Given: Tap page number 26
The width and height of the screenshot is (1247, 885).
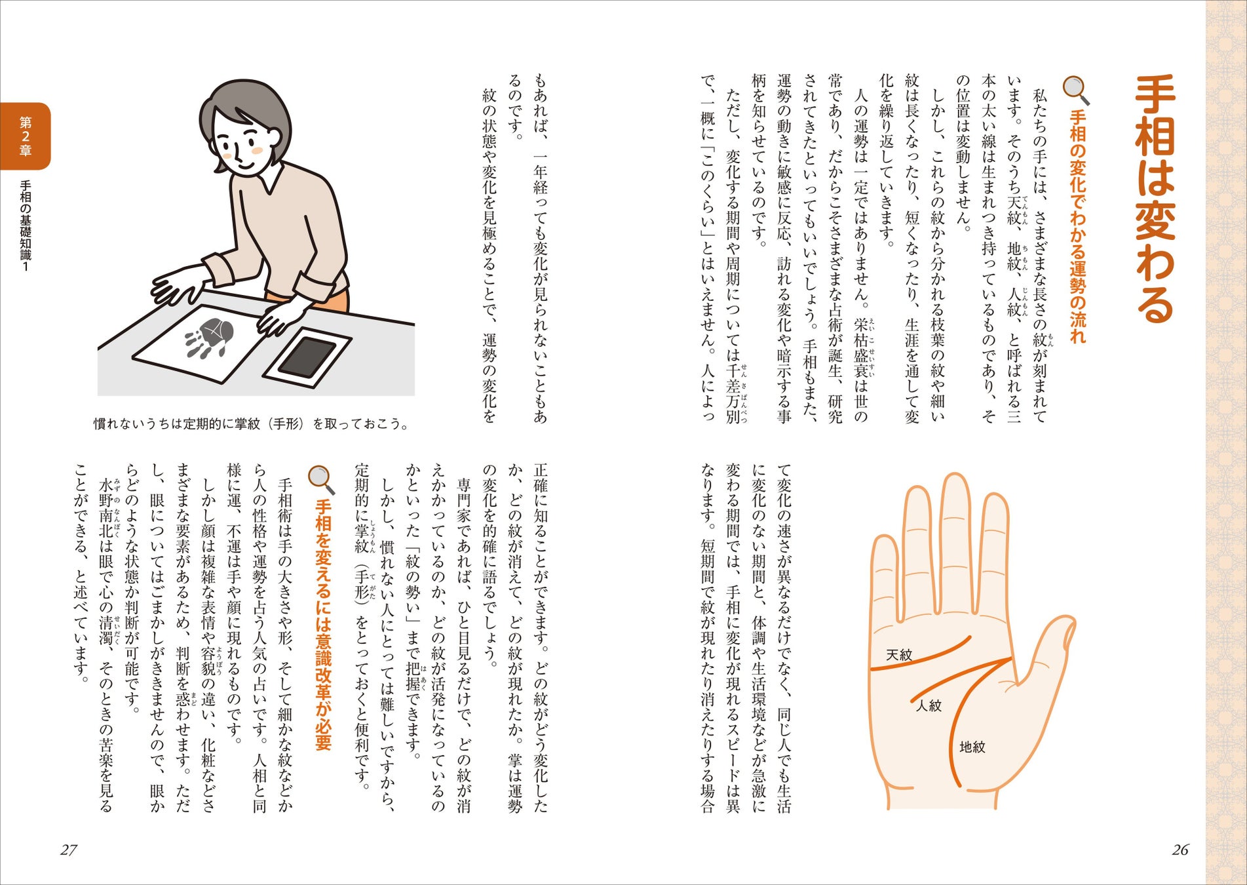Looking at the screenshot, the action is point(1180,850).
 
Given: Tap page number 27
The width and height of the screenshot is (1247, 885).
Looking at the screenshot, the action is point(69,850).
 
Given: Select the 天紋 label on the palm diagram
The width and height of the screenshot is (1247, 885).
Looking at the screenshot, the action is point(899,654).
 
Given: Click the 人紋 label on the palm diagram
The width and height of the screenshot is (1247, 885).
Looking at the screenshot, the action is point(929,705).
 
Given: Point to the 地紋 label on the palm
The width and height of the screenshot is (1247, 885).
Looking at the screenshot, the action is point(972,747).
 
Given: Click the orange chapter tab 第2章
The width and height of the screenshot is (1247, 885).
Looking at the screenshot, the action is point(25,136).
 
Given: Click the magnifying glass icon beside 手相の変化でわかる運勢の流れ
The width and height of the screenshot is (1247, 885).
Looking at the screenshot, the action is point(1076,90).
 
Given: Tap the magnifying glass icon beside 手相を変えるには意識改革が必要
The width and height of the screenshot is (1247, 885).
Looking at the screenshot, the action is point(321,480).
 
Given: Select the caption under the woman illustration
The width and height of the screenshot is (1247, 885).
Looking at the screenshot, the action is point(252,424).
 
